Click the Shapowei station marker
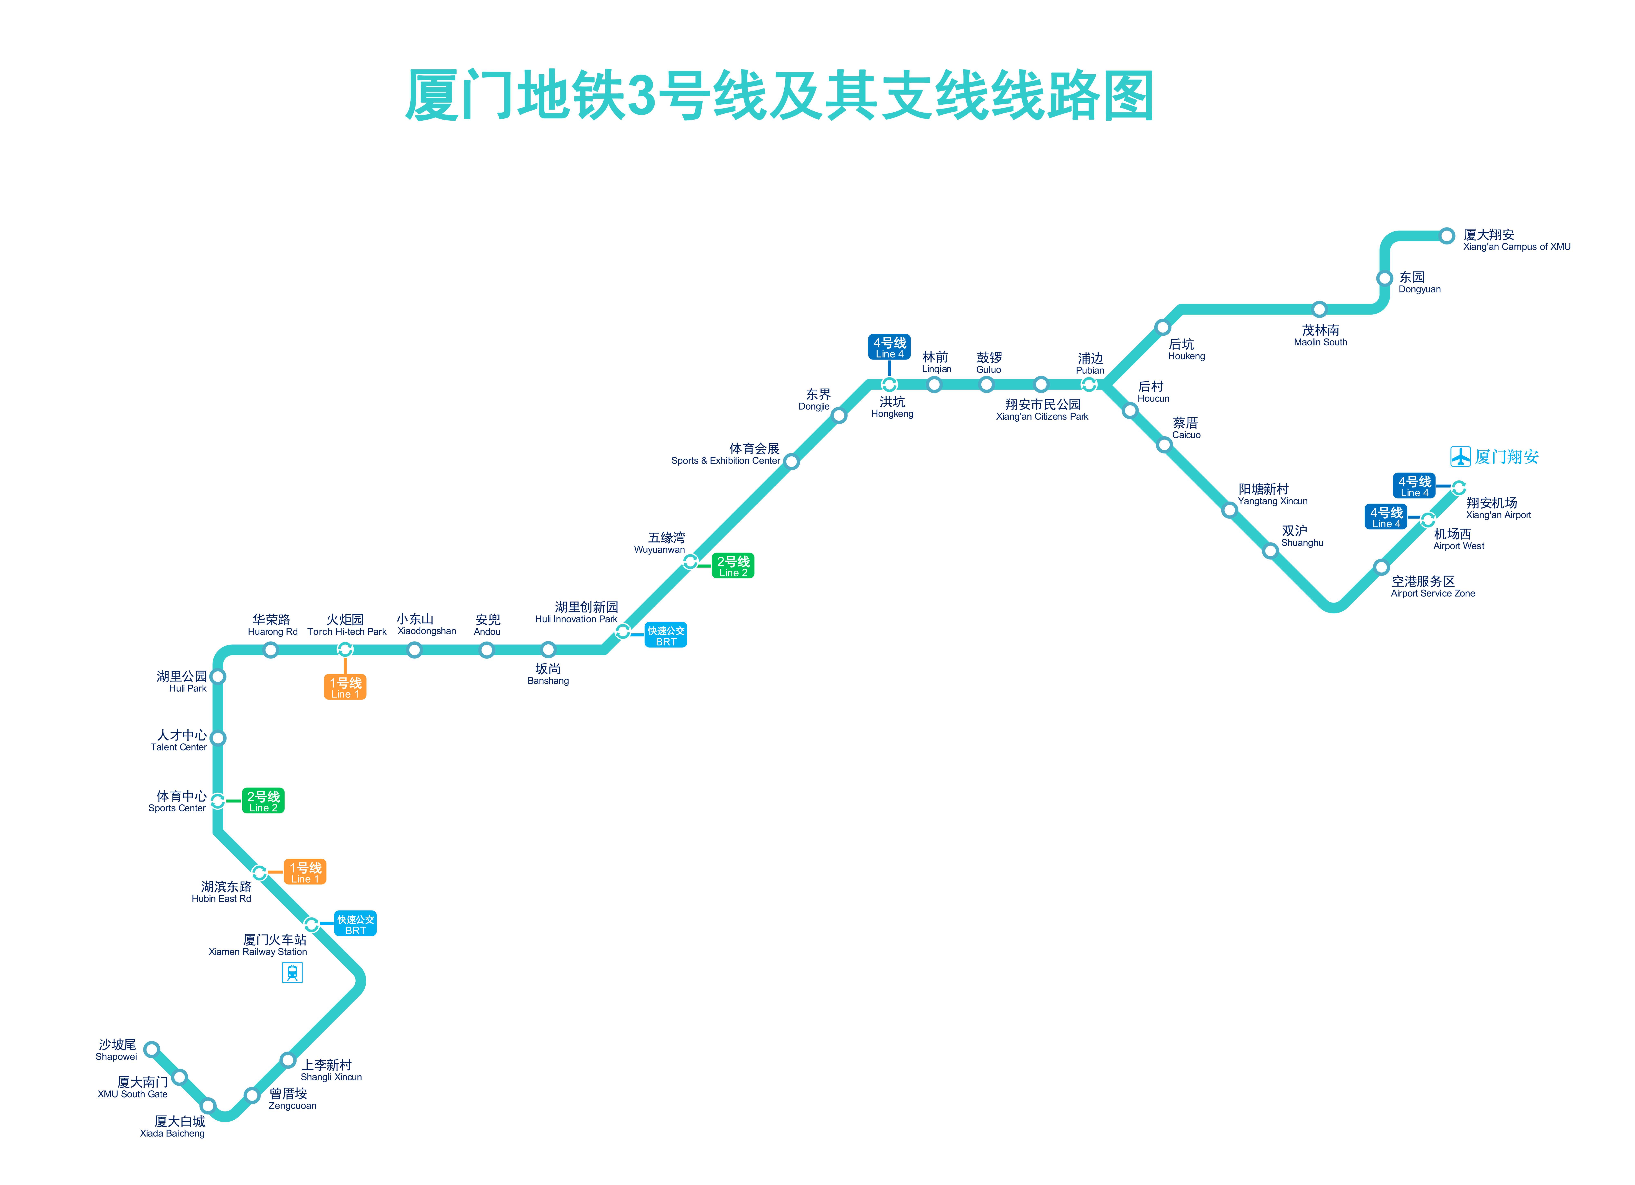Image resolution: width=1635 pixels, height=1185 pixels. pos(151,1049)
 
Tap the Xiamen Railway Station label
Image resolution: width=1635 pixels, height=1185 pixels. pos(258,945)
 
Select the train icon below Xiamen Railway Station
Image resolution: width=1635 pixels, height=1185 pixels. pos(292,973)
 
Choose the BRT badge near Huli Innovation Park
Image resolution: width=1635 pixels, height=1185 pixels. pos(665,635)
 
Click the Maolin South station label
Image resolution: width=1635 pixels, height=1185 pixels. pos(1320,335)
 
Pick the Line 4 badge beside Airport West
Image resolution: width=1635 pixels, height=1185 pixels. pos(1386,517)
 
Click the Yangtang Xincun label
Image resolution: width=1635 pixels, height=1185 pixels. pos(1272,494)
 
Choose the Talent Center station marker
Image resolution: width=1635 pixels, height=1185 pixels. pos(218,738)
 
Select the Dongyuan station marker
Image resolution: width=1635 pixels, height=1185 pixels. pos(1384,278)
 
